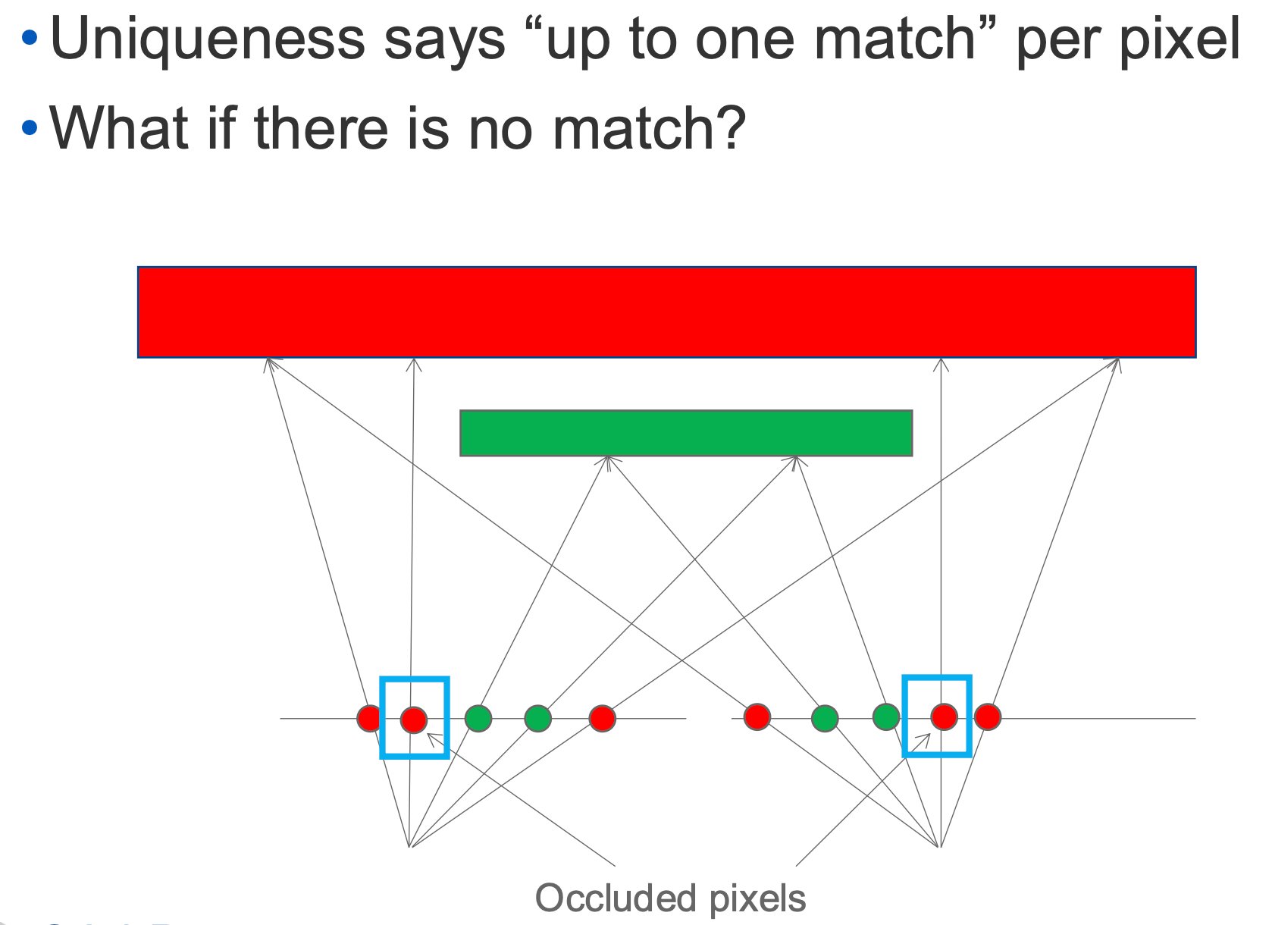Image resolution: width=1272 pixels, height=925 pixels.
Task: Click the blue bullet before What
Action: pos(30,126)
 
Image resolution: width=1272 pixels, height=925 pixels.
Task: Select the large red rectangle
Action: pos(666,312)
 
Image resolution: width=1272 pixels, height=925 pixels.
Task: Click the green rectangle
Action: pos(686,433)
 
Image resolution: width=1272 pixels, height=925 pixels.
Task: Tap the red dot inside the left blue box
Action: pos(414,719)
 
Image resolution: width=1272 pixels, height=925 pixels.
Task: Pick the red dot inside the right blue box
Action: pos(944,716)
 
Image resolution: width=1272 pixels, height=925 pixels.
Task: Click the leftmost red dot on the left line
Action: pos(369,717)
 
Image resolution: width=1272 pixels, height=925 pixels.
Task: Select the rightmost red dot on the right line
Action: pos(988,716)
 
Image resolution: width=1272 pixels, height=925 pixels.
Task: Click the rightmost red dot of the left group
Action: pos(602,717)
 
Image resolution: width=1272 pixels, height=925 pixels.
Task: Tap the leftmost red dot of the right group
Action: pos(757,716)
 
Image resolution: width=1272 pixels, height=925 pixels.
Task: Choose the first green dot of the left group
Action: pos(478,717)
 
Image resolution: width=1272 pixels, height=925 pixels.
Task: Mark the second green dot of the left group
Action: pos(537,717)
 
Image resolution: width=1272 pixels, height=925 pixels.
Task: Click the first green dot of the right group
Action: pos(825,717)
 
